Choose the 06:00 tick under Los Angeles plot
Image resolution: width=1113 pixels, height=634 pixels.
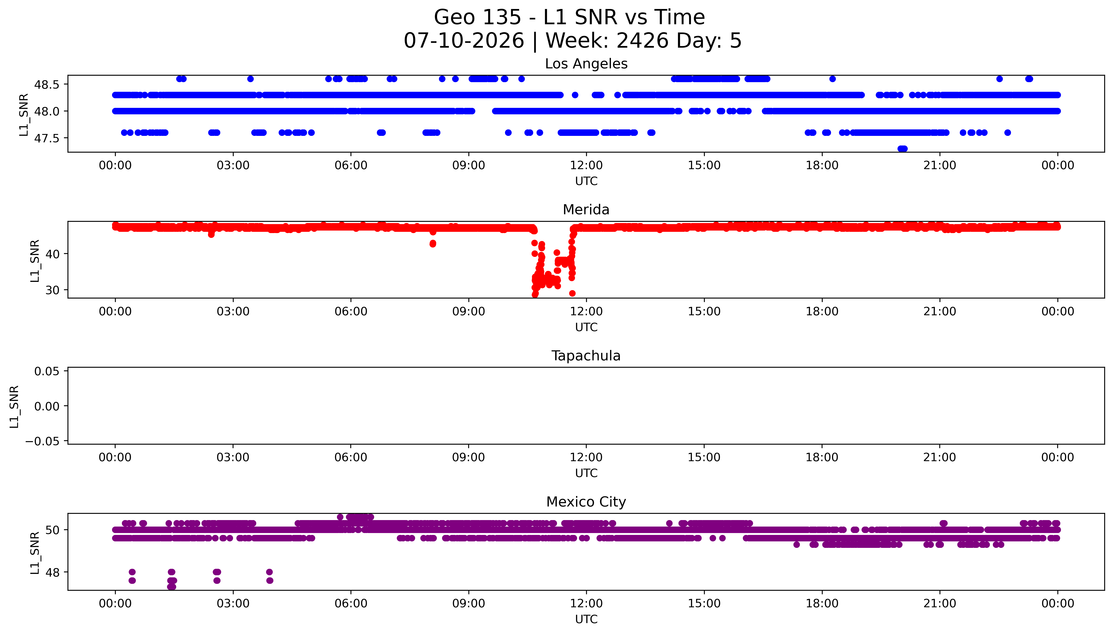point(351,166)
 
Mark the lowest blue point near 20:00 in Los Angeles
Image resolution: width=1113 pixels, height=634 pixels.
point(902,148)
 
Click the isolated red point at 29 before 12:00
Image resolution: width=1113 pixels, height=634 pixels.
point(572,293)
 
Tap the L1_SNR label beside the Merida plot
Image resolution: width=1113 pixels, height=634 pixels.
point(35,260)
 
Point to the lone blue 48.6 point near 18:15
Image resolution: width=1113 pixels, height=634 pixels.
point(832,79)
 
